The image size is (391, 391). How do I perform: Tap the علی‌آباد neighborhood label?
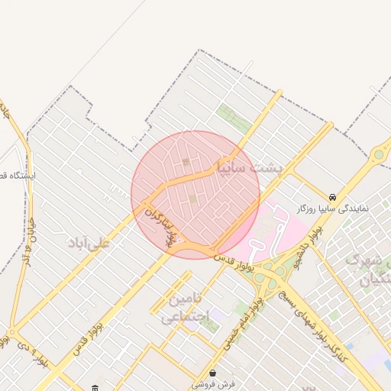point(89,243)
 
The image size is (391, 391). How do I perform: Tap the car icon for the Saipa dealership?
point(331,196)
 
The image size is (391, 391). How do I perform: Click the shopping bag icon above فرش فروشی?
point(212,373)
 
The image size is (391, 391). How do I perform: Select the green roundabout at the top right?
point(379,155)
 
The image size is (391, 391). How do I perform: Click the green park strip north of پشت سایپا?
point(234,118)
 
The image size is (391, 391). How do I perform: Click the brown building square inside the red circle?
point(186,162)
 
